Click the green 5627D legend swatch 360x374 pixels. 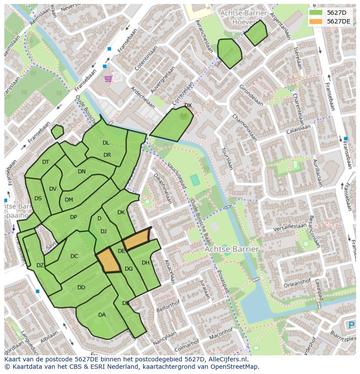[316, 13]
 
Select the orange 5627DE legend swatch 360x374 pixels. [316, 21]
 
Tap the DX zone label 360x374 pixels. [188, 106]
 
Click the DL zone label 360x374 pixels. [106, 143]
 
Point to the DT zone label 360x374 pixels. [46, 162]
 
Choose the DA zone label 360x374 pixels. [102, 315]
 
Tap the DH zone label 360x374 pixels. [145, 263]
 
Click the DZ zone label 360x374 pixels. [40, 265]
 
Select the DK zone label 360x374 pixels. [121, 212]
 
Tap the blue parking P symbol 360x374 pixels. [352, 325]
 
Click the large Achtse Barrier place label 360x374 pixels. [232, 249]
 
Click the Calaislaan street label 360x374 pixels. [298, 129]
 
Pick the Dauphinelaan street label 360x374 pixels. [164, 189]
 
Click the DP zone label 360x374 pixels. [73, 217]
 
